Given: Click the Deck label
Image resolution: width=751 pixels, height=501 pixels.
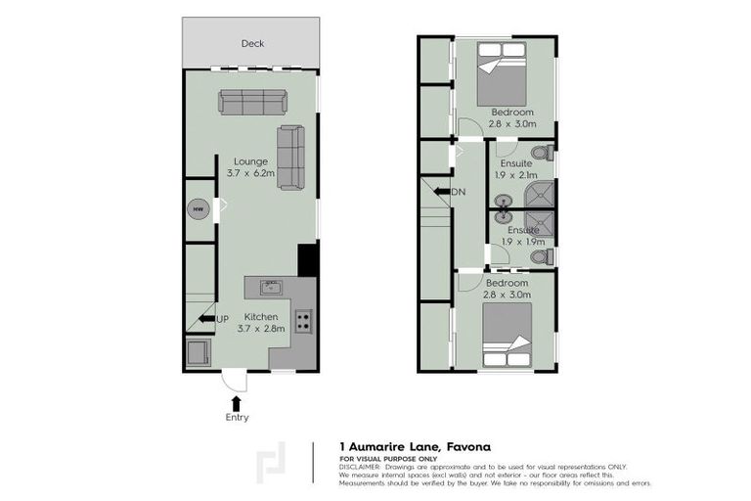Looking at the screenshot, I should click(252, 44).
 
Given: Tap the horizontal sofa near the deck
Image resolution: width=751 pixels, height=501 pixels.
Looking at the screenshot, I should click(251, 102).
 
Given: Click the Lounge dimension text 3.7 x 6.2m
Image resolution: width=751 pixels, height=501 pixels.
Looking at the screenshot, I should click(250, 172).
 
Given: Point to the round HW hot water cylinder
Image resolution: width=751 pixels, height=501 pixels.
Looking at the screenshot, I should click(198, 209).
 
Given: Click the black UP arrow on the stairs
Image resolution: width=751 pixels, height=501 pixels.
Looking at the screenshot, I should click(206, 318).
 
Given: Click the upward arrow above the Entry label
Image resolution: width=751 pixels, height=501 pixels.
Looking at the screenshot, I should click(234, 401).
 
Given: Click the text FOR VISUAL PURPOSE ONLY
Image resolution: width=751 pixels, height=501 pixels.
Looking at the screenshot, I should click(388, 458).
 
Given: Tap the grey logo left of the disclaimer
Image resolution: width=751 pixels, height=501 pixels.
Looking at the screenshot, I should click(272, 466).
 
